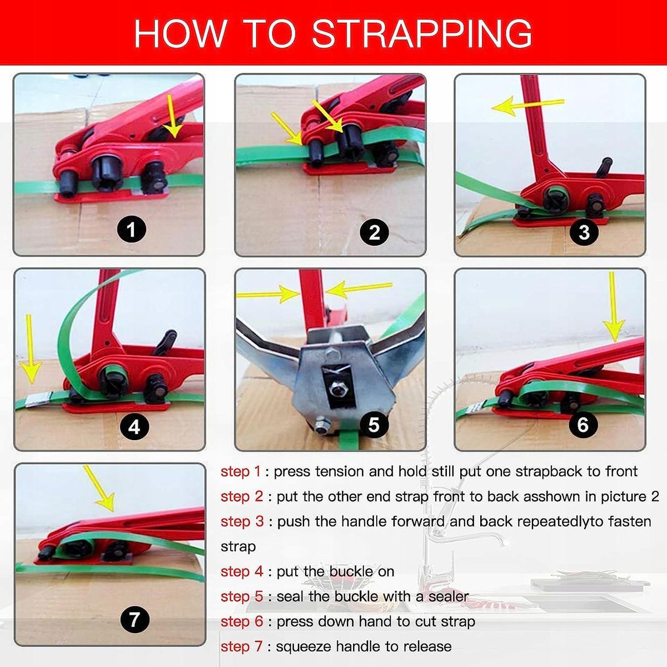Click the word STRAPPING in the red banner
[x=422, y=33]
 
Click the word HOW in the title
[x=180, y=33]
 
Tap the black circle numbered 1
[x=131, y=229]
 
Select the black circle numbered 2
[x=375, y=232]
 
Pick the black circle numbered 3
[x=584, y=232]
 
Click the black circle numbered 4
[x=135, y=427]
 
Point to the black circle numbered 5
[x=374, y=424]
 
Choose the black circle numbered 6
[x=583, y=424]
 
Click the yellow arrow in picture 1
[x=172, y=117]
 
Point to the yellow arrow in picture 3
[x=527, y=105]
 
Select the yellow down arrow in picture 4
[x=30, y=349]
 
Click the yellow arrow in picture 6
[x=613, y=307]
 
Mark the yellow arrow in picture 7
[x=99, y=489]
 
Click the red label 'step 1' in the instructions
[x=240, y=471]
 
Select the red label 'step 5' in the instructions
[x=242, y=597]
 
